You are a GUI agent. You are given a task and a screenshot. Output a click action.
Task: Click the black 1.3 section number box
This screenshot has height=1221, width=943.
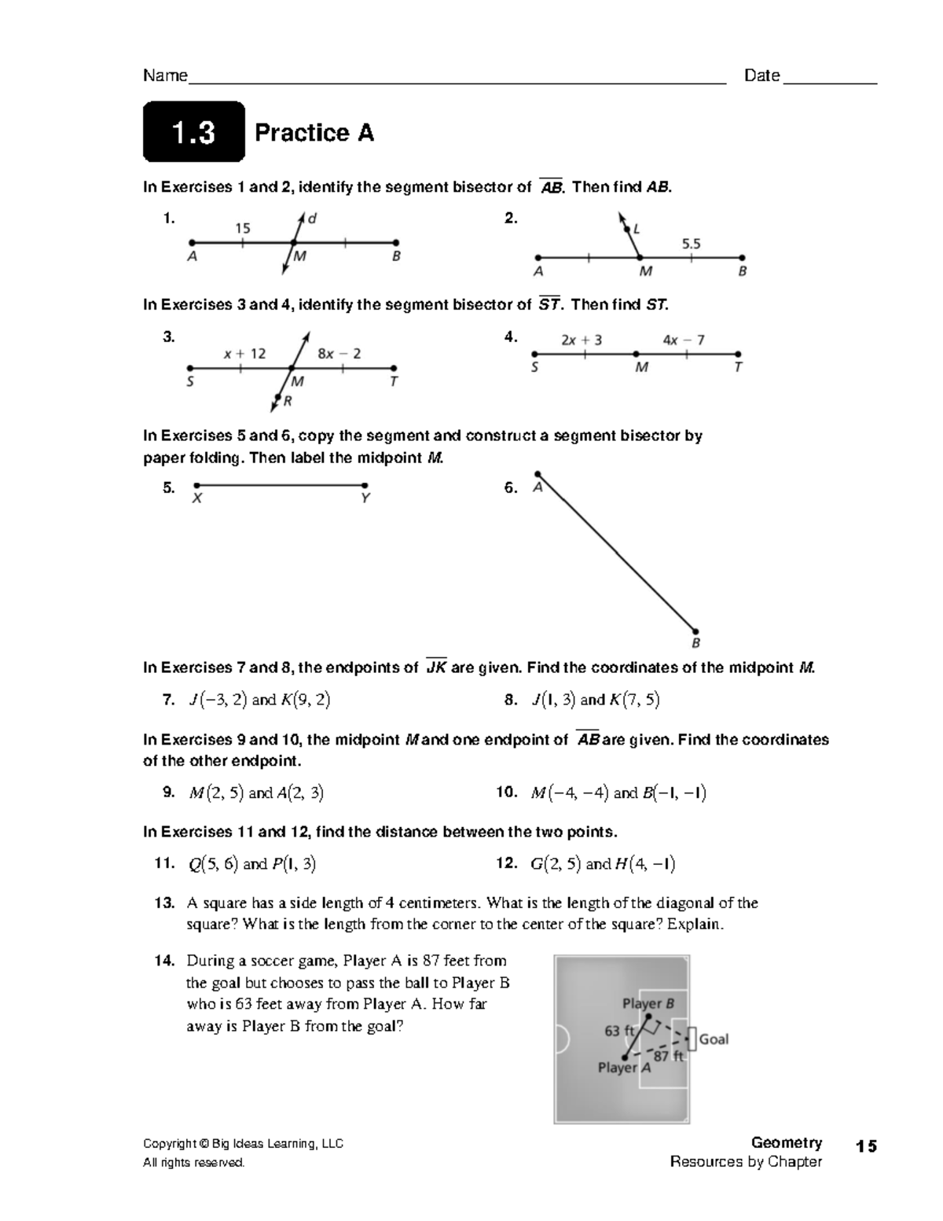193,132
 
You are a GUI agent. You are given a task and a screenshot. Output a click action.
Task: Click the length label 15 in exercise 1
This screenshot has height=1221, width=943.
243,228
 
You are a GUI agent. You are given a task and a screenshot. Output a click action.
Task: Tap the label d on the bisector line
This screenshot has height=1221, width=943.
313,219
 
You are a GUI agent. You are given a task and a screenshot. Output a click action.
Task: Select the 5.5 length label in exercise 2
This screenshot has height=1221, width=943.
691,244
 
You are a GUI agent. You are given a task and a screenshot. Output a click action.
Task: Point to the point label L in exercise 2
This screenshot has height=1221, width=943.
637,230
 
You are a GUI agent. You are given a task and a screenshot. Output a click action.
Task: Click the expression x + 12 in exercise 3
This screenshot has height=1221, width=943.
244,354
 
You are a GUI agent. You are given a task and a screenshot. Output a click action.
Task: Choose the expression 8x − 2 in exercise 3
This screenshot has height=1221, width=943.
339,354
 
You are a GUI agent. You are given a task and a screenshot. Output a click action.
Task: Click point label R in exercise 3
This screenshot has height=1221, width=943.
288,401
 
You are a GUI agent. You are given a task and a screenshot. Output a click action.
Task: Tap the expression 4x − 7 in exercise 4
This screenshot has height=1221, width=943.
683,340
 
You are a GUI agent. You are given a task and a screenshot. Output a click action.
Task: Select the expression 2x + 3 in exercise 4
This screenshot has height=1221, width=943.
582,340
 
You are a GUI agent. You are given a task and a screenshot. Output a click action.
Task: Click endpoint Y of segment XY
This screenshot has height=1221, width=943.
365,486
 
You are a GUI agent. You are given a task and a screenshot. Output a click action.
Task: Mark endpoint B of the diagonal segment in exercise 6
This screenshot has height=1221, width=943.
695,631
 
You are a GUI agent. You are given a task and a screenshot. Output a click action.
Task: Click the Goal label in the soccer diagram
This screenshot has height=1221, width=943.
714,1039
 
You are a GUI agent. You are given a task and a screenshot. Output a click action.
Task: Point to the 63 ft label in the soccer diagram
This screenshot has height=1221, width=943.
619,1031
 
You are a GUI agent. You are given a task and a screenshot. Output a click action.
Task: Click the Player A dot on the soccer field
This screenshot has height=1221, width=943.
625,1057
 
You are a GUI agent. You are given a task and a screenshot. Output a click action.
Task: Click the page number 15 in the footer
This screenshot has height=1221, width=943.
867,1146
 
